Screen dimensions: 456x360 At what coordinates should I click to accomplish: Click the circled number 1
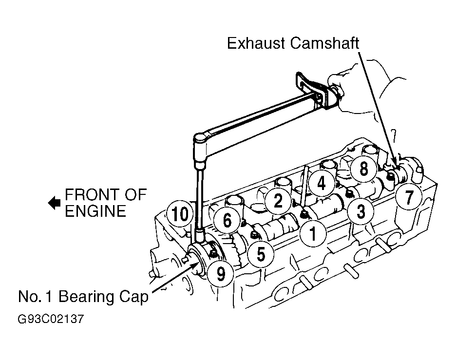point(313,233)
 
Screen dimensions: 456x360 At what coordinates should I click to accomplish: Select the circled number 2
point(278,200)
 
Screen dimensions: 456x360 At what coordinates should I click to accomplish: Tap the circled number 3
point(361,211)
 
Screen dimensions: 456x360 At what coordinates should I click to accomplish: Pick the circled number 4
point(322,183)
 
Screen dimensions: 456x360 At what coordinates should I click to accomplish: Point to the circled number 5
point(261,254)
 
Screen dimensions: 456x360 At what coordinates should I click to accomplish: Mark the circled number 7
point(409,197)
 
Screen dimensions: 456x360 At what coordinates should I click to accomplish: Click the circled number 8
point(363,169)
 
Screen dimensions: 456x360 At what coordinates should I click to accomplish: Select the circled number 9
point(220,273)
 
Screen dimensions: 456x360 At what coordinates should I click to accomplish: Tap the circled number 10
point(180,214)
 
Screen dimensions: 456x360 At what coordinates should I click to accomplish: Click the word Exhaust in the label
point(256,43)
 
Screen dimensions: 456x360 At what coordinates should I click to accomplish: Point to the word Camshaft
point(324,43)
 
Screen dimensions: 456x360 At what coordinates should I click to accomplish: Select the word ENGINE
point(95,211)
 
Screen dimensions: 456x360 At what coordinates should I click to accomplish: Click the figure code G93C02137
point(51,319)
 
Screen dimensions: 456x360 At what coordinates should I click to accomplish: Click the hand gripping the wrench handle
point(358,87)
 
